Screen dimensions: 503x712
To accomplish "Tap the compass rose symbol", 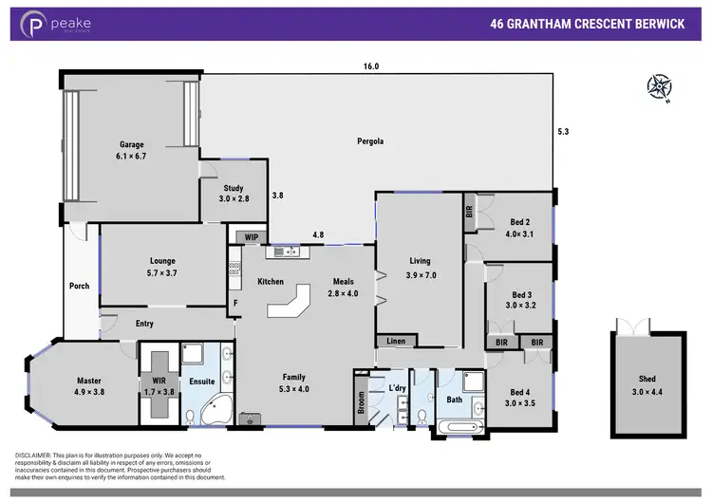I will coord(658,87).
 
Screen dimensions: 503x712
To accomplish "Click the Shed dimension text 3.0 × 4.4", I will coord(646,390).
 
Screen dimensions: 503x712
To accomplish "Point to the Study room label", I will coord(234,188).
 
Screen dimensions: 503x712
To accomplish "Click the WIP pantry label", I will coord(251,236).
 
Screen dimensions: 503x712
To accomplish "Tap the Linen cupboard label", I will coord(395,342).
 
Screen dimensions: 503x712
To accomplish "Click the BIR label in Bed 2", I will coord(469,213).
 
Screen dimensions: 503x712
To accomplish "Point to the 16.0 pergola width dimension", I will coord(369,66).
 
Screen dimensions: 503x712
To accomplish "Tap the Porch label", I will coord(80,286).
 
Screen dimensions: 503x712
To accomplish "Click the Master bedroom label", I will coord(82,382).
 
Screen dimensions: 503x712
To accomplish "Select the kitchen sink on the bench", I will coord(287,251).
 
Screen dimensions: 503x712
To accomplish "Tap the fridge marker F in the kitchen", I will coord(235,303).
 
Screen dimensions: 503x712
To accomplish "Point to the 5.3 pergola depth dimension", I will coord(565,131).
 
